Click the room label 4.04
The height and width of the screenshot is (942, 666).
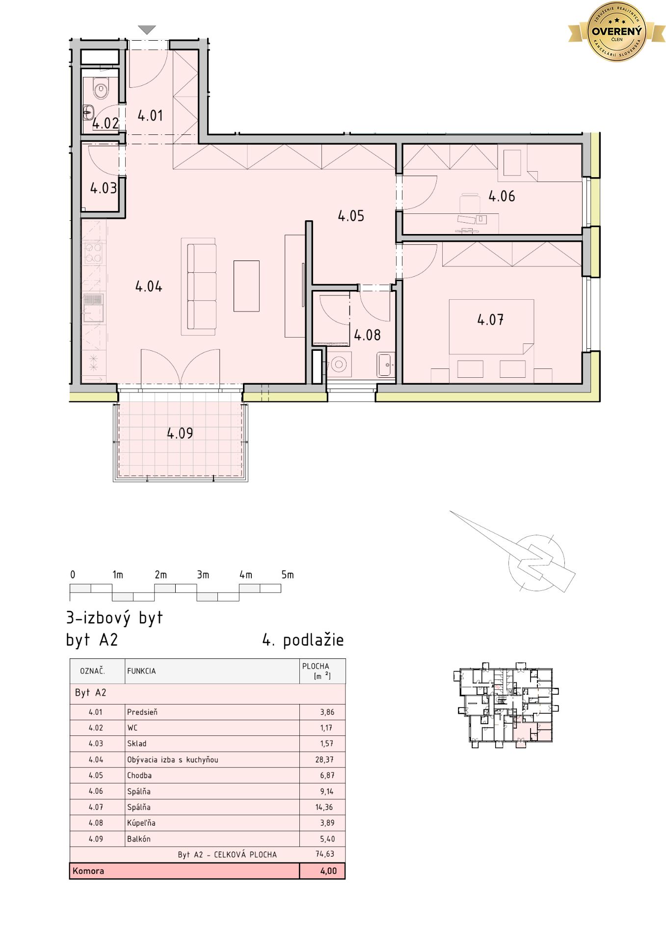click(x=149, y=287)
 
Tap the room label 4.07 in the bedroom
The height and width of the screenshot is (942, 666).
click(x=490, y=320)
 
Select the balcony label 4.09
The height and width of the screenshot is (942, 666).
click(x=180, y=433)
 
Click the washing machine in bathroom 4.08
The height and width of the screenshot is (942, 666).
click(x=338, y=365)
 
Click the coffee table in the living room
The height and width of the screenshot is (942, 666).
click(x=246, y=286)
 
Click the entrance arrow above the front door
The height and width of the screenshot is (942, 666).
click(x=147, y=30)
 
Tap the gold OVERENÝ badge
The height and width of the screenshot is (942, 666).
click(x=616, y=32)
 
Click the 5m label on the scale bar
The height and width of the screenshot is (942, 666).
click(x=288, y=575)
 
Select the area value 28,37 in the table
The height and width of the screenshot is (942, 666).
click(x=324, y=759)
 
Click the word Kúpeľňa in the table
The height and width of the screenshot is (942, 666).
click(x=141, y=823)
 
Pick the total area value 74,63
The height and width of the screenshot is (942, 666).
click(x=324, y=854)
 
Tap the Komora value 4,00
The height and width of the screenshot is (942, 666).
click(x=328, y=871)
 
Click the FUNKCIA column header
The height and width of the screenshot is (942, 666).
click(x=141, y=671)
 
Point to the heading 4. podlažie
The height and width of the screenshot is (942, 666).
click(x=303, y=640)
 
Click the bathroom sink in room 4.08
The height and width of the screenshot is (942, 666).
click(x=386, y=365)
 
